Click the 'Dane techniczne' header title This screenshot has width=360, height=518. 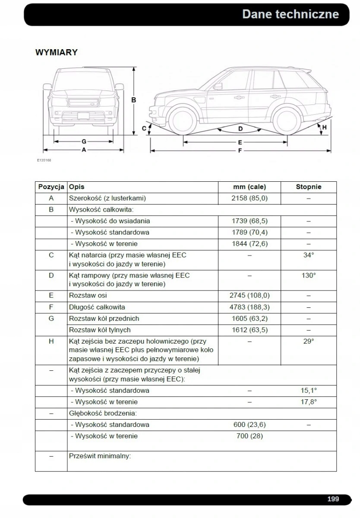click(290, 14)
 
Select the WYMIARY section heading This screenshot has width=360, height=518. click(56, 53)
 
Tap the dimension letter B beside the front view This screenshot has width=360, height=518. click(134, 100)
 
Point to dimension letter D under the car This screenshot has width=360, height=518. click(240, 129)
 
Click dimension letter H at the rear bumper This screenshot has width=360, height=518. click(324, 127)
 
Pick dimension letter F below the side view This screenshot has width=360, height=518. click(240, 151)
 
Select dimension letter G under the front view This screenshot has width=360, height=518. click(84, 141)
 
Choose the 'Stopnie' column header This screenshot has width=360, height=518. click(308, 187)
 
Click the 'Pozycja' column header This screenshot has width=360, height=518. click(51, 187)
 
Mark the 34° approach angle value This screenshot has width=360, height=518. click(308, 255)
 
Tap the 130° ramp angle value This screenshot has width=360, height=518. click(308, 275)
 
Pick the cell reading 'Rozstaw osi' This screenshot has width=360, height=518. click(88, 296)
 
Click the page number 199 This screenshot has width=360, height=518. click(333, 499)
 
